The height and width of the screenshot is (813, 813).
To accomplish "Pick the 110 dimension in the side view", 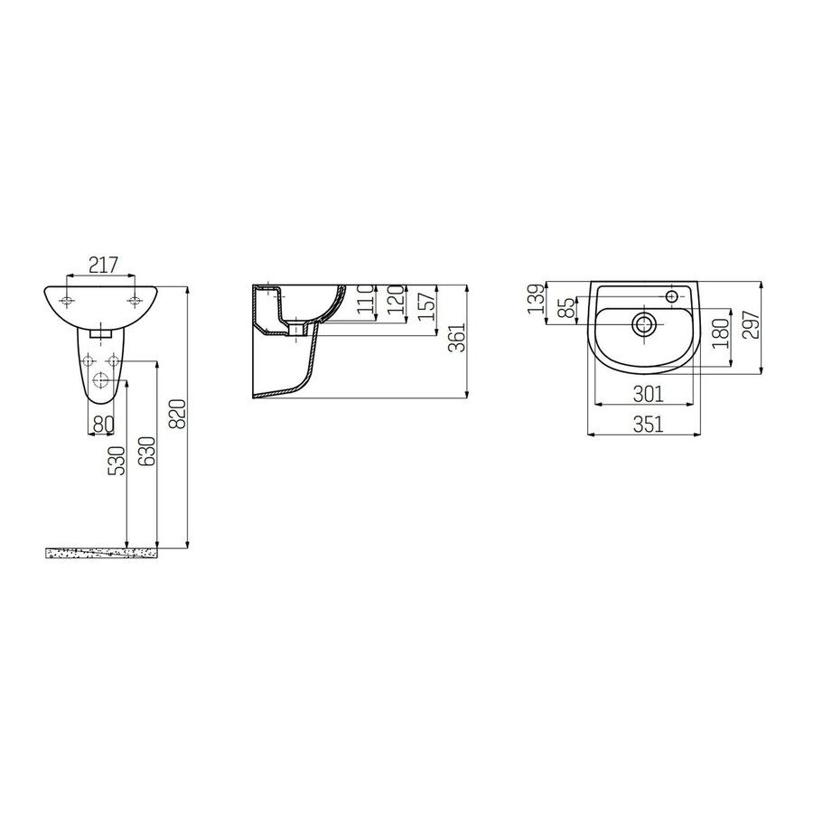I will (365, 298).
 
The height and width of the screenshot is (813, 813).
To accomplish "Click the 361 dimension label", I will (457, 340).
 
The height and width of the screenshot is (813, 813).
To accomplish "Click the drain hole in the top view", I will (644, 325).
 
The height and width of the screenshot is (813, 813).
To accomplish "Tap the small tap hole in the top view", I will (673, 295).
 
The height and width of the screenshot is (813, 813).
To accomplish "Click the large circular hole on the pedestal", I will (100, 380).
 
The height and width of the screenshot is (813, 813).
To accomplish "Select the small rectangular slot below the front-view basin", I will (100, 332).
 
